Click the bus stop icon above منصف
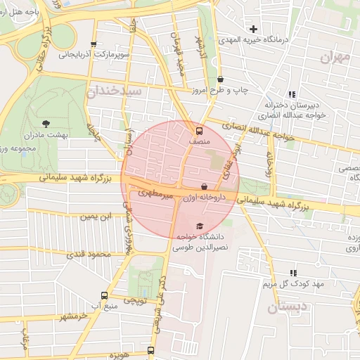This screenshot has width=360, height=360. click(x=199, y=131)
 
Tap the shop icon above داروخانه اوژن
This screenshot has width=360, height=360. click(x=205, y=187)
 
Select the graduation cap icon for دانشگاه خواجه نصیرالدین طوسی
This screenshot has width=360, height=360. click(x=200, y=226)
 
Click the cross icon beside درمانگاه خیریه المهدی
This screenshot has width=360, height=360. click(x=254, y=29)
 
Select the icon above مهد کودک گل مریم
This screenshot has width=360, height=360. click(x=293, y=273)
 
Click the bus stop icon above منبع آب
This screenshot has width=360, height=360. click(x=105, y=296)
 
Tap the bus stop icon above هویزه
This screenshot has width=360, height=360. click(x=150, y=349)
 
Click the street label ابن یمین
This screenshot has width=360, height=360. click(x=95, y=217)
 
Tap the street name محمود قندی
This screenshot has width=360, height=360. click(x=89, y=254)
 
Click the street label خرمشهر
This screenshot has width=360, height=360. click(x=75, y=316)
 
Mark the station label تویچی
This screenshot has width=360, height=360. click(x=135, y=300)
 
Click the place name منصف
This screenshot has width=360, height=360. click(x=199, y=141)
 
